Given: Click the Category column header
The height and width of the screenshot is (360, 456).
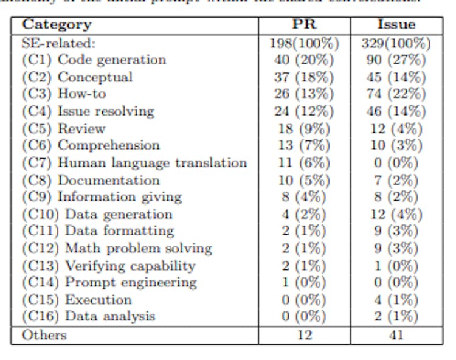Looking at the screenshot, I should pyautogui.click(x=57, y=25).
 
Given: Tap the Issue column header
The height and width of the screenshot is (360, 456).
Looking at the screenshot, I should pyautogui.click(x=396, y=25).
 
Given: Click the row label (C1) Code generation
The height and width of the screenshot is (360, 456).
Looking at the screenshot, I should pyautogui.click(x=94, y=60).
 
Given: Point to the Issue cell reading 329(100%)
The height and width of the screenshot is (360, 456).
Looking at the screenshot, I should pyautogui.click(x=396, y=43).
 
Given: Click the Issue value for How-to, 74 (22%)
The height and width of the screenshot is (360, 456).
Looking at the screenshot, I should pyautogui.click(x=396, y=94).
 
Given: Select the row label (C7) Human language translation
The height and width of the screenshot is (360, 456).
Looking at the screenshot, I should pyautogui.click(x=134, y=163).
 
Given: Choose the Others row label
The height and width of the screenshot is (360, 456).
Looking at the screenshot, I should pyautogui.click(x=44, y=335).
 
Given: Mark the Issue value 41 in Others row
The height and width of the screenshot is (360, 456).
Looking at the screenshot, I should pyautogui.click(x=396, y=335).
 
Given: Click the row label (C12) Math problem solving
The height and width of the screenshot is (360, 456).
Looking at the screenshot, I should pyautogui.click(x=117, y=248).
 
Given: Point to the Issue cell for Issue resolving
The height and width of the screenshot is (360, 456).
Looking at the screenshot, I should pyautogui.click(x=396, y=111).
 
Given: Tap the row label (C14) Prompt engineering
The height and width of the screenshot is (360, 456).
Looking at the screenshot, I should pyautogui.click(x=109, y=282).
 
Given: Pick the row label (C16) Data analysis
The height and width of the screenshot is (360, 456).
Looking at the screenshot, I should pyautogui.click(x=89, y=316).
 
